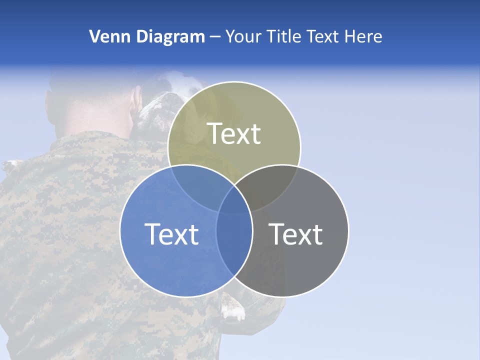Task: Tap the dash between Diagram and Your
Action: [x=215, y=37]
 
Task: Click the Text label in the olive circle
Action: [x=234, y=133]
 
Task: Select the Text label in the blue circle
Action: [x=171, y=234]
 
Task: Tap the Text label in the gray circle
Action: [x=296, y=234]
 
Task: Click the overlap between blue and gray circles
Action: [x=234, y=235]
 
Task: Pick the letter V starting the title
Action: [x=94, y=36]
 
